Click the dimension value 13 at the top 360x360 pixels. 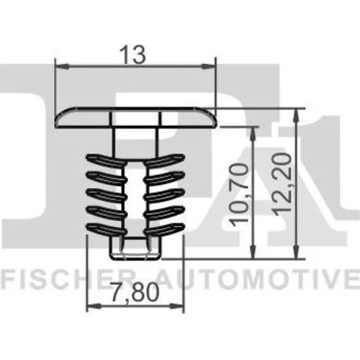tap(133, 55)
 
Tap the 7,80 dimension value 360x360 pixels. tap(135, 292)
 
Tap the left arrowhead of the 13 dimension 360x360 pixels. tap(62, 67)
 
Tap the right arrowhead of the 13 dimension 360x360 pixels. tap(208, 67)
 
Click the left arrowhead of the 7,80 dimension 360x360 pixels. tap(94, 306)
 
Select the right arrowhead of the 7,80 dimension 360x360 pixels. tap(176, 306)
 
